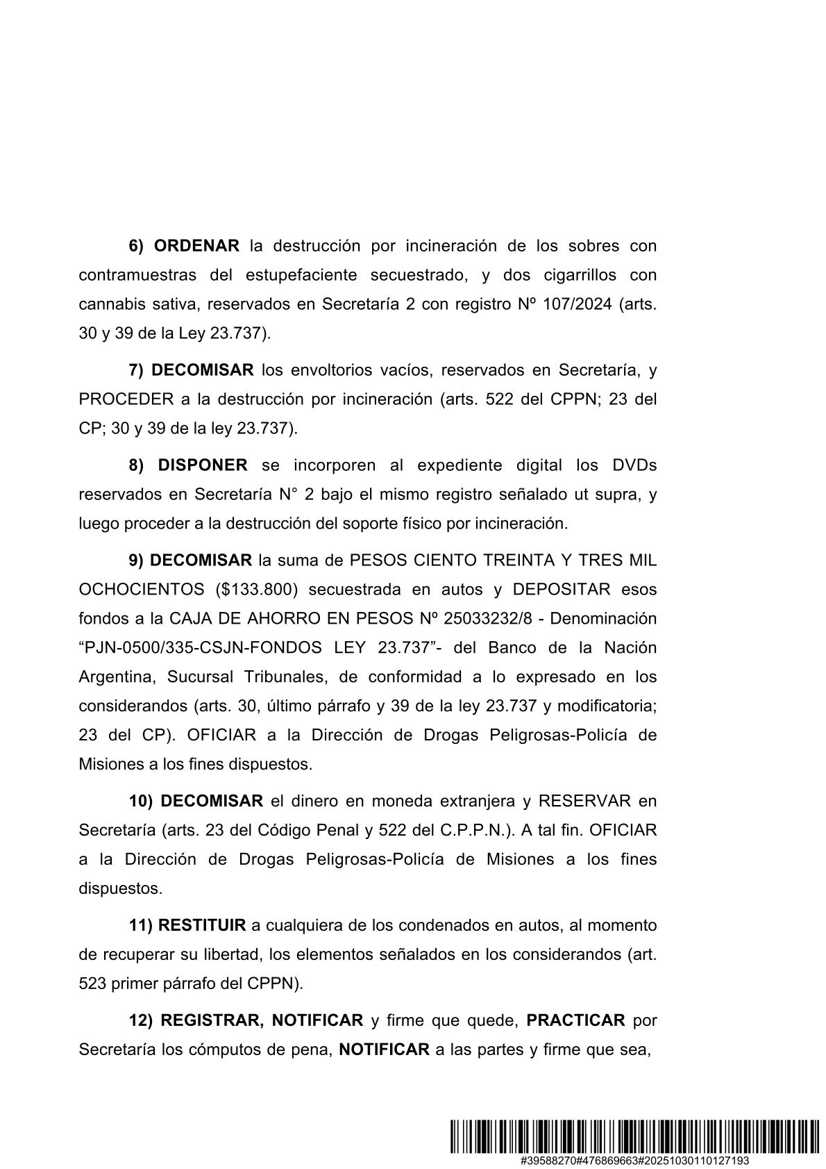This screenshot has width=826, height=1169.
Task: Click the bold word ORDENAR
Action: pos(196,246)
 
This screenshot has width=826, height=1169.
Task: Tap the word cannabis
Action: pos(107,304)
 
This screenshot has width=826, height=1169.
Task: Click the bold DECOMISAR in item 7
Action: pos(202,370)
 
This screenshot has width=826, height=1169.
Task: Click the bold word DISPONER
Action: pos(203,465)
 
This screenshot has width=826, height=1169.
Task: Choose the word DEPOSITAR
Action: pos(561,589)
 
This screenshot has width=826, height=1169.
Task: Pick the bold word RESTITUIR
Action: pos(202,925)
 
